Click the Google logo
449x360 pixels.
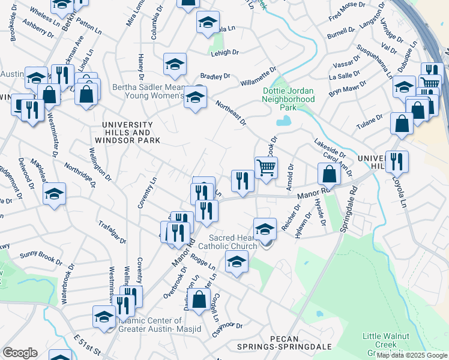(20, 352)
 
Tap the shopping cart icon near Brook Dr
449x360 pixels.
(266, 167)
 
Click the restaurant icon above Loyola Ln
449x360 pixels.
(397, 161)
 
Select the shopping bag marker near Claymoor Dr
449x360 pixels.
(200, 298)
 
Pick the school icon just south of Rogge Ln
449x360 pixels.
(237, 261)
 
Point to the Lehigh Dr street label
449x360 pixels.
(225, 53)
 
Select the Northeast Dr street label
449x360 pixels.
(231, 112)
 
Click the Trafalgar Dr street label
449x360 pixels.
(112, 232)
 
